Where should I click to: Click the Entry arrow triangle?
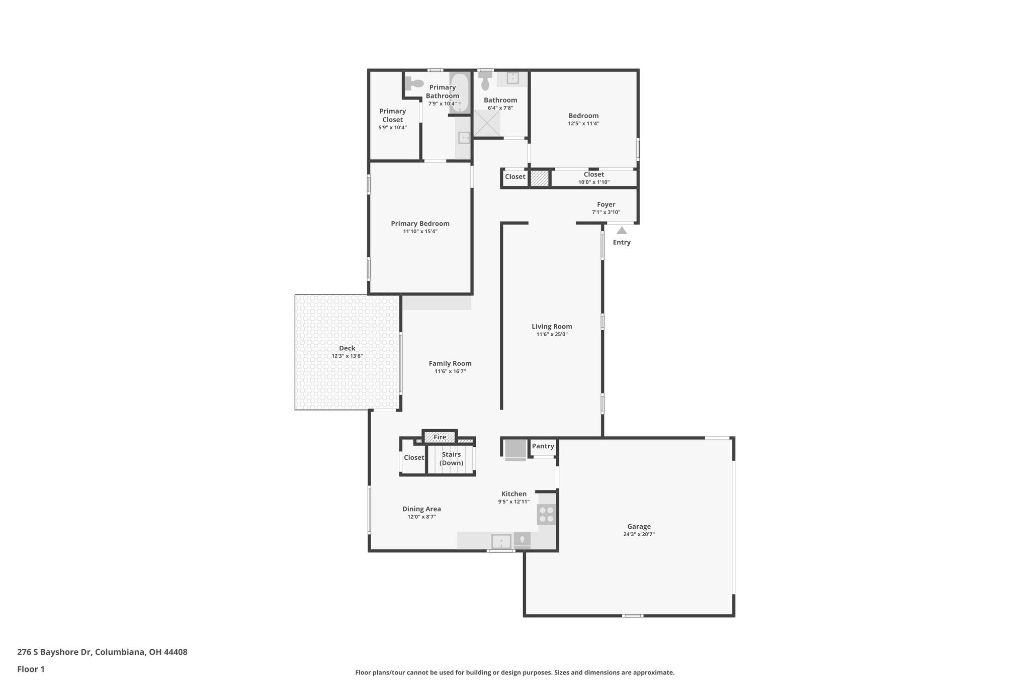pyautogui.click(x=622, y=231)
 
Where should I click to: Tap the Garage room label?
pyautogui.click(x=639, y=526)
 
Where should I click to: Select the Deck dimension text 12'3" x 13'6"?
pyautogui.click(x=347, y=356)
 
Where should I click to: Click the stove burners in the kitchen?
pyautogui.click(x=547, y=514)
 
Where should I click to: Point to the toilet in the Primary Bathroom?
pyautogui.click(x=415, y=83)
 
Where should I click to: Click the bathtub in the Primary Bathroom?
pyautogui.click(x=459, y=93)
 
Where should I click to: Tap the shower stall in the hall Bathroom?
pyautogui.click(x=486, y=123)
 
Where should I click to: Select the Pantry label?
pyautogui.click(x=543, y=446)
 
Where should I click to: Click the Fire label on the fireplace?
pyautogui.click(x=440, y=437)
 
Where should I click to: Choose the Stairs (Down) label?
pyautogui.click(x=451, y=458)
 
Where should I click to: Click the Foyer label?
pyautogui.click(x=606, y=205)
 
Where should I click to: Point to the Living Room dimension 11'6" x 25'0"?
pyautogui.click(x=552, y=334)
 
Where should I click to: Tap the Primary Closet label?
pyautogui.click(x=392, y=115)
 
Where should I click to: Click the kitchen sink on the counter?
pyautogui.click(x=501, y=541)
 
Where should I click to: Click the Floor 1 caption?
pyautogui.click(x=31, y=669)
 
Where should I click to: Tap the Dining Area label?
pyautogui.click(x=421, y=509)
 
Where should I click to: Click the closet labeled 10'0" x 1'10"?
pyautogui.click(x=593, y=178)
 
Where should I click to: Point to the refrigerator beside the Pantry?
pyautogui.click(x=515, y=449)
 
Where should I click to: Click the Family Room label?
pyautogui.click(x=450, y=363)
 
